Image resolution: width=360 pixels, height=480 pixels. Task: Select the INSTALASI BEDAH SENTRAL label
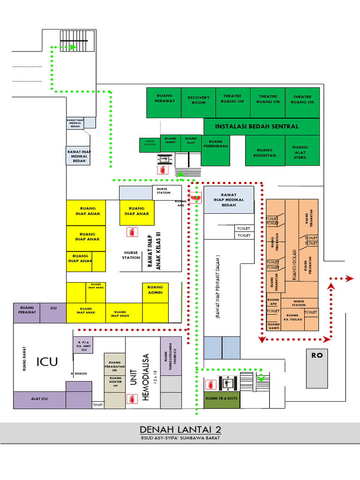tap(256, 126)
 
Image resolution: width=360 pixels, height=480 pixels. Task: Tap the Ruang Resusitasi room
tap(265, 153)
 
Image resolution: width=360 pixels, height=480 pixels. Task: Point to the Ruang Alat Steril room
tap(300, 152)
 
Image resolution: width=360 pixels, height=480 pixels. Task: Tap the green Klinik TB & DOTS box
tap(221, 398)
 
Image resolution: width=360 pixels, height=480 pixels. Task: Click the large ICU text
tap(47, 361)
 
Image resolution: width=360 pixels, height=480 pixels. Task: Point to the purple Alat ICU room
tap(39, 399)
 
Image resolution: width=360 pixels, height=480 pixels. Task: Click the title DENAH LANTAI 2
tap(180, 430)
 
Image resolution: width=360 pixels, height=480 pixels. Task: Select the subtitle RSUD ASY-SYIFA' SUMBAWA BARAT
tap(180, 438)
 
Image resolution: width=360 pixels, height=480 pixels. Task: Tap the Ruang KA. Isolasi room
tap(292, 318)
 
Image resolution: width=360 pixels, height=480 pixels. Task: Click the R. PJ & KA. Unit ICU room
tap(83, 345)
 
